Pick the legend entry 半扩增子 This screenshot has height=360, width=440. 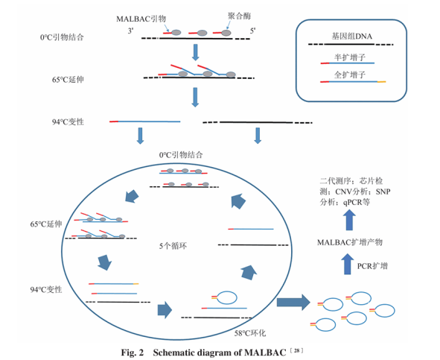351,56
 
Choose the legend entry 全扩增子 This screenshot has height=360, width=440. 351,75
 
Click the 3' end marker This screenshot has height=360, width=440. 131,31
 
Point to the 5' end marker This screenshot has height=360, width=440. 253,31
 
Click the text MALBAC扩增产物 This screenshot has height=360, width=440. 349,242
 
